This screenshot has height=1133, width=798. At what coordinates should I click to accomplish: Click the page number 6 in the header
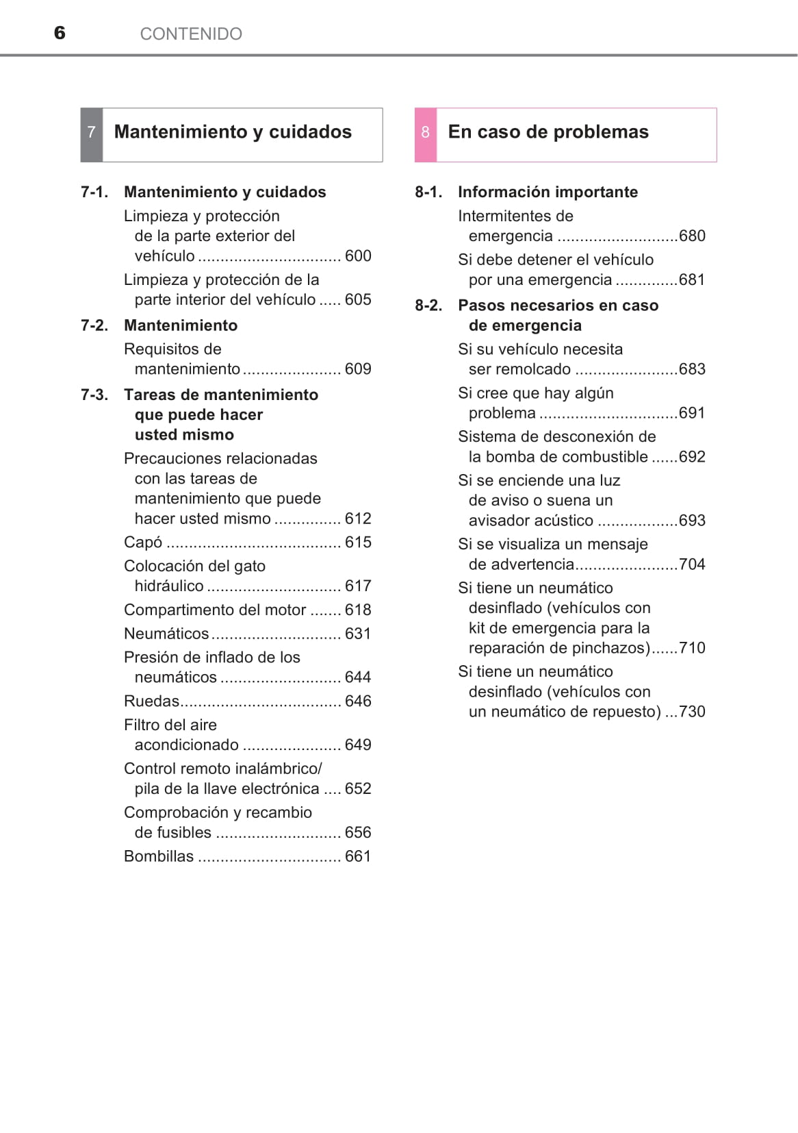(x=60, y=33)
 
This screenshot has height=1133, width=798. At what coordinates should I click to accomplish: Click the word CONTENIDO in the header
(x=191, y=34)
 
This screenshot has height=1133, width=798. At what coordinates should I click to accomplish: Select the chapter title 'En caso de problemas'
(x=548, y=132)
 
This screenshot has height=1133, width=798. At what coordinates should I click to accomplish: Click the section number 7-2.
(x=94, y=325)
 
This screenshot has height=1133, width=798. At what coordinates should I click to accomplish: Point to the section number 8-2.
(x=428, y=306)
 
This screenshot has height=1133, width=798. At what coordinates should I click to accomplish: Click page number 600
(x=358, y=256)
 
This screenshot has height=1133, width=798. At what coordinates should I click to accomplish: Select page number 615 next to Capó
(x=358, y=543)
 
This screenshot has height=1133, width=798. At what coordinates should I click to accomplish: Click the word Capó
(x=143, y=543)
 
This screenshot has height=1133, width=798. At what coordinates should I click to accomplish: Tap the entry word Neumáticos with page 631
(x=166, y=634)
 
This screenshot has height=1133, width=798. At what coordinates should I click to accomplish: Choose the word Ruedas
(x=151, y=701)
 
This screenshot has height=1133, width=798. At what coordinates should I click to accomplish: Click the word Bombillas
(x=159, y=856)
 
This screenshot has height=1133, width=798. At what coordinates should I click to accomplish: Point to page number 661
(x=358, y=856)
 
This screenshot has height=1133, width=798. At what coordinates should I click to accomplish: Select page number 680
(x=692, y=236)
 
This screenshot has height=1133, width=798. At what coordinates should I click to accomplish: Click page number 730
(x=692, y=712)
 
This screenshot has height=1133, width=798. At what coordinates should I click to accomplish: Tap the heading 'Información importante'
(x=548, y=192)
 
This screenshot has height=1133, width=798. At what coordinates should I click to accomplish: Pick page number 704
(x=692, y=564)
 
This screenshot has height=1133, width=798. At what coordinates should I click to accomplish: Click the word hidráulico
(x=169, y=586)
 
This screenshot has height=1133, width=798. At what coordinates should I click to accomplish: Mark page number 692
(x=692, y=457)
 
